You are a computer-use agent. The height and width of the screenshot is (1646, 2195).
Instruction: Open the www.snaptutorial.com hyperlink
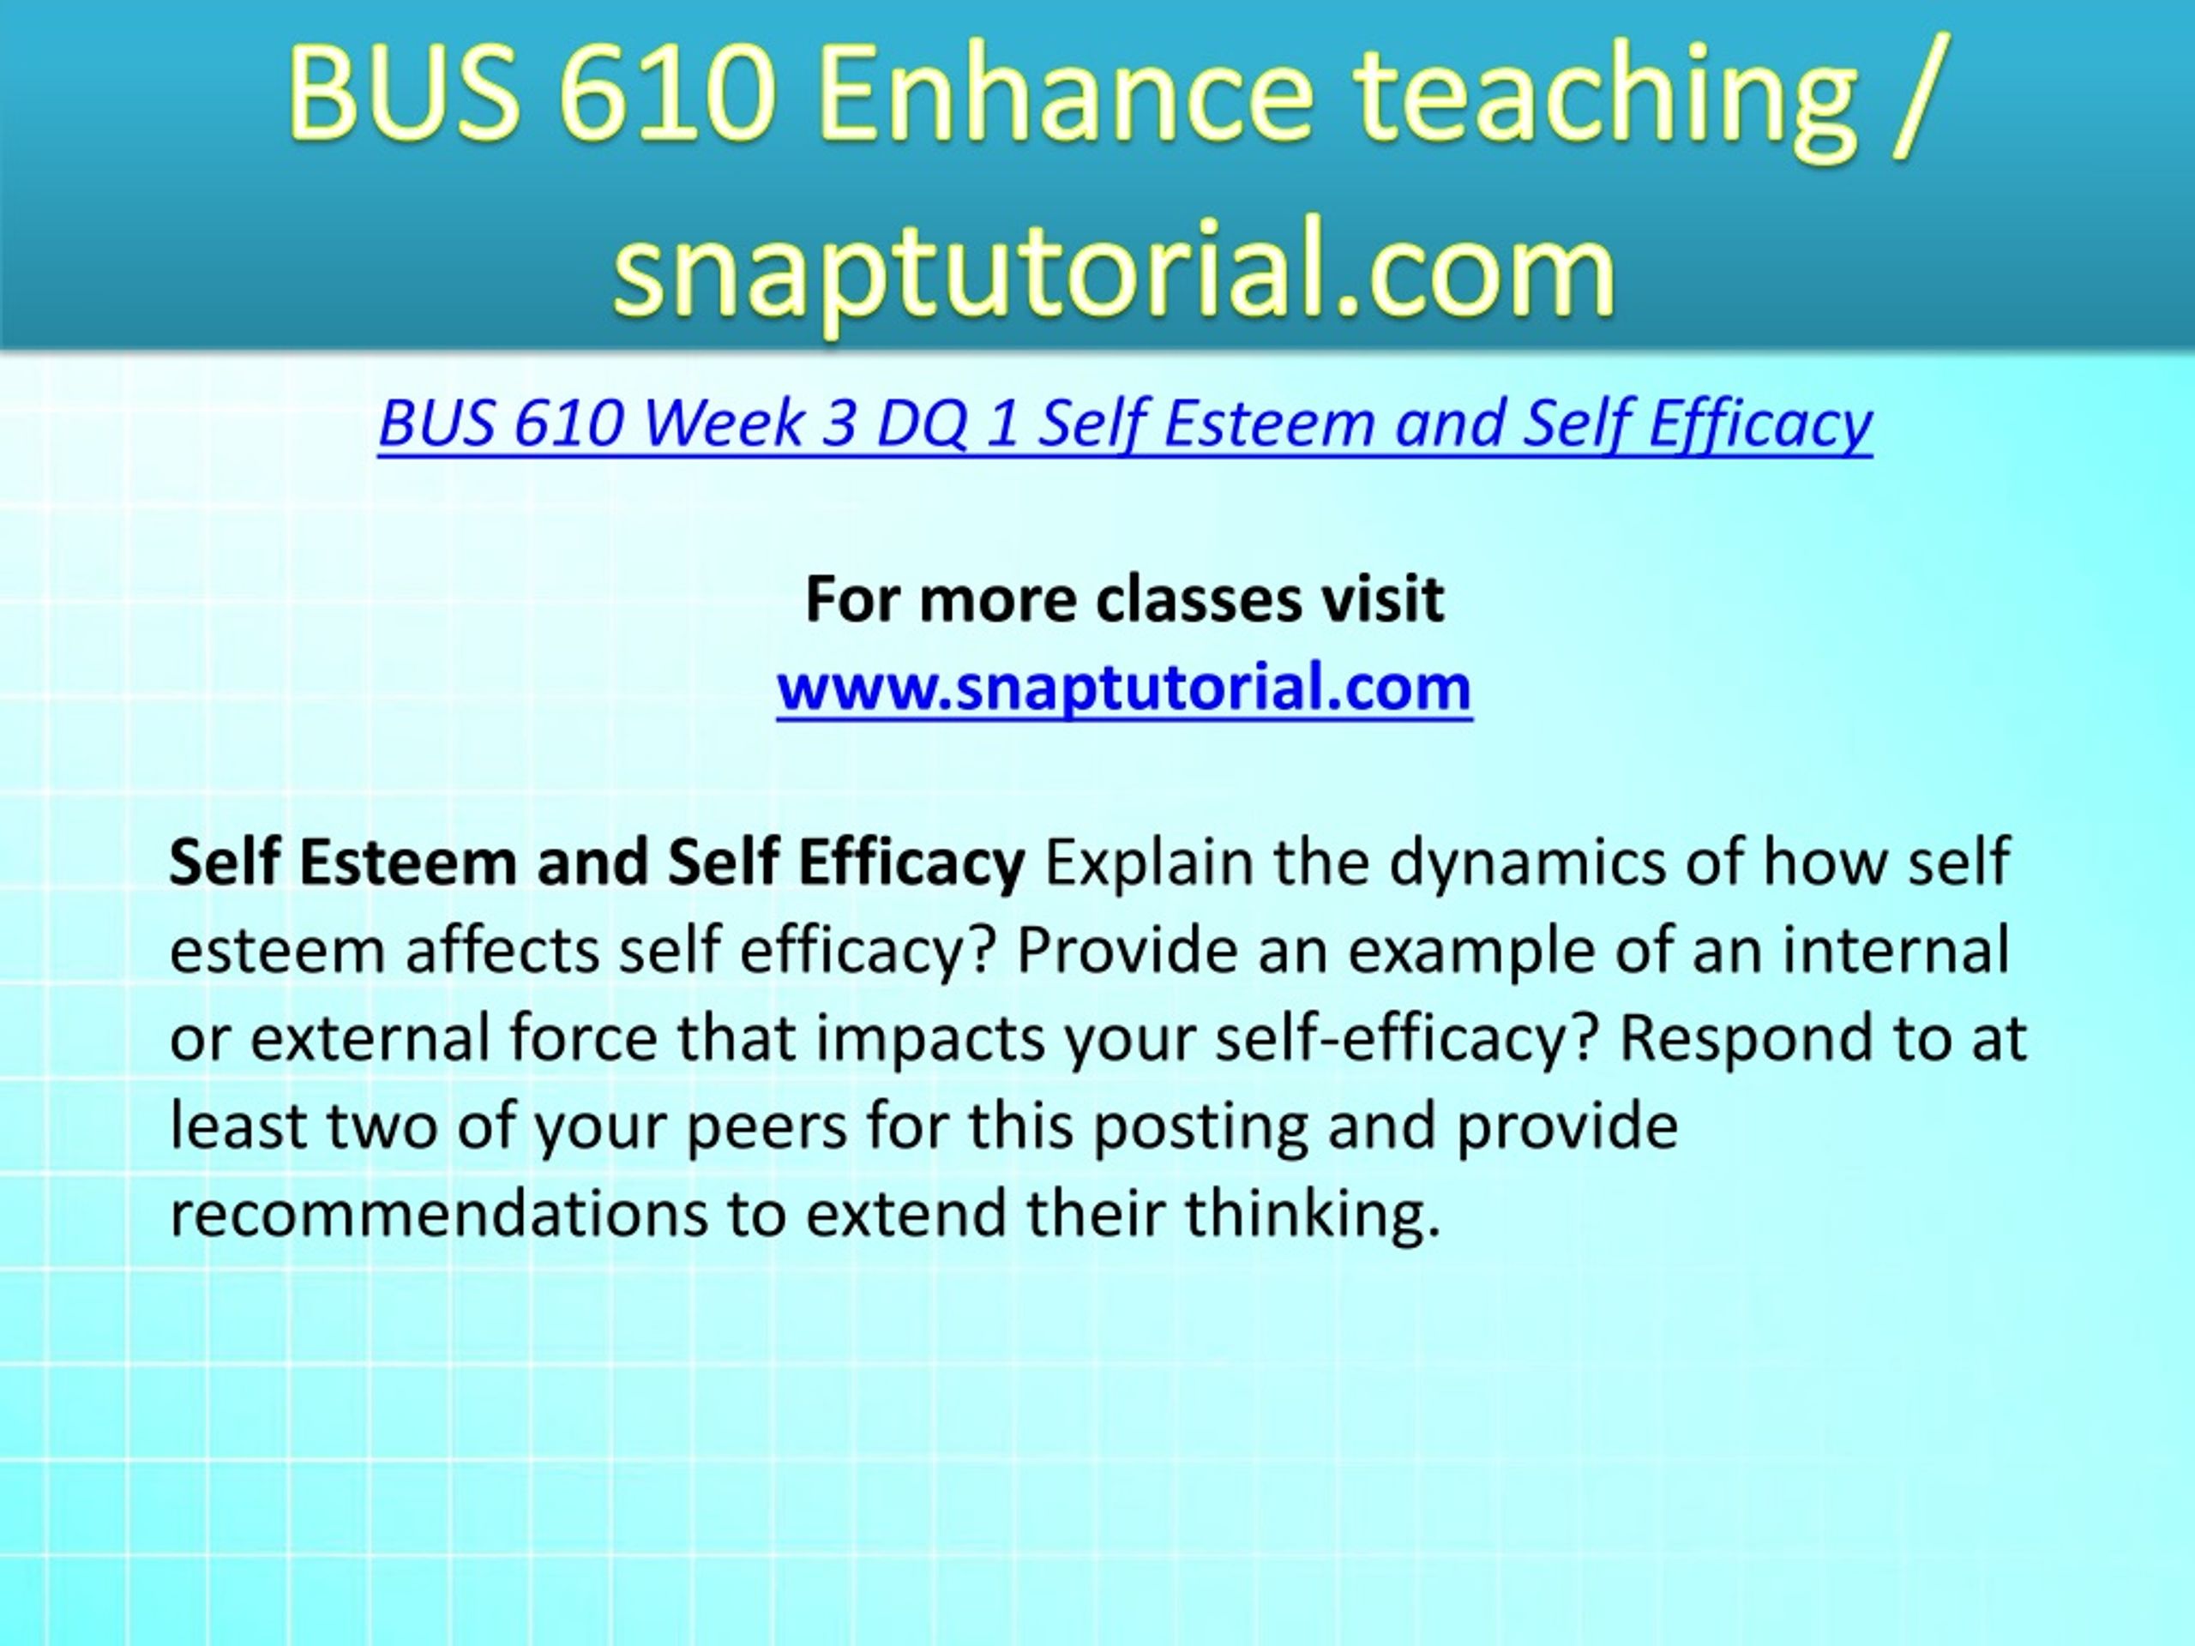tap(1124, 688)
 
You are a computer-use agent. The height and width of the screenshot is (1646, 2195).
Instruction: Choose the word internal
tap(1895, 951)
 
